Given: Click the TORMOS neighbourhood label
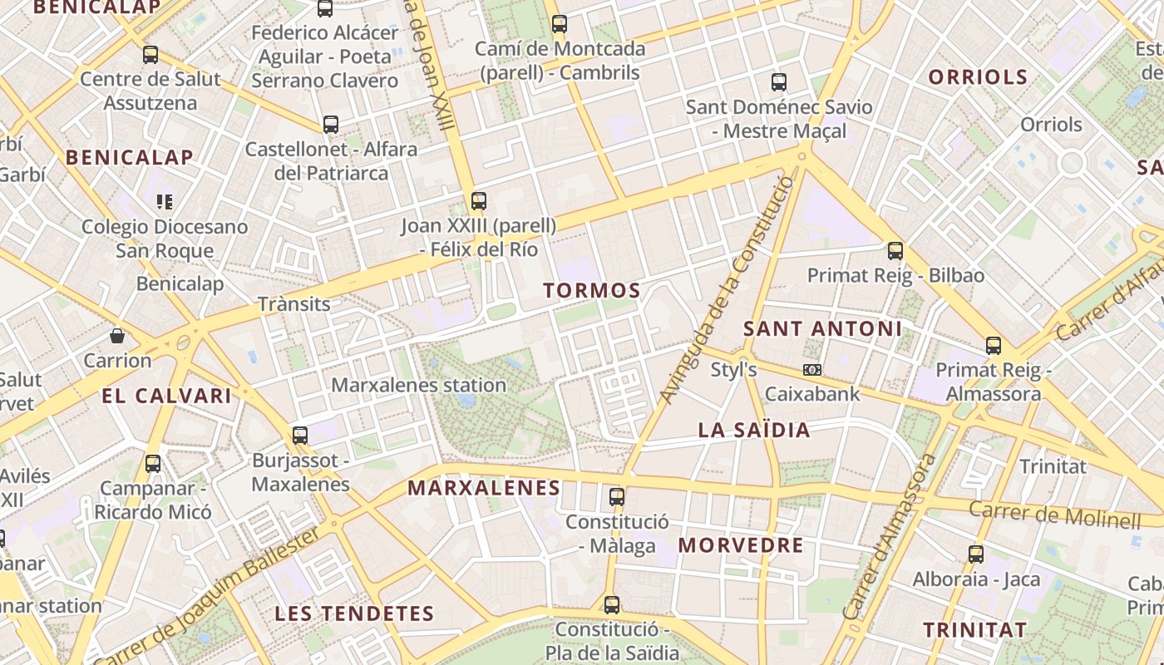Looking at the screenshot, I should point(591,291).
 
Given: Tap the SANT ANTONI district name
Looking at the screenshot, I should point(822,328).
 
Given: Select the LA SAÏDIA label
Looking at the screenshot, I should point(753,430).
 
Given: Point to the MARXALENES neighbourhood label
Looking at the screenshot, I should point(484,488).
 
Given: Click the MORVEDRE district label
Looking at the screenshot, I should point(741,545).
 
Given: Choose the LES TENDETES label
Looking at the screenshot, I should point(354,613).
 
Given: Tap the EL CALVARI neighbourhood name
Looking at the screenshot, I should point(166,396).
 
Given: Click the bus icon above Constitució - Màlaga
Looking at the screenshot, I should point(616,497).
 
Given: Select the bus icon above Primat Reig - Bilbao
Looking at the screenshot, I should point(895,250).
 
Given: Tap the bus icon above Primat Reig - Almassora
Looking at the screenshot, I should point(993,346).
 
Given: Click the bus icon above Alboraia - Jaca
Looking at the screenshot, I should point(976,554).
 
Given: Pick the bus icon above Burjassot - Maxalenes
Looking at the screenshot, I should point(299,435).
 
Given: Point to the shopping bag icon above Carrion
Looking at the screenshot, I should point(117,336).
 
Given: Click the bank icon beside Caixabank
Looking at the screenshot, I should point(811,370).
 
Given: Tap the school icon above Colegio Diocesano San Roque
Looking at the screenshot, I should point(165,201).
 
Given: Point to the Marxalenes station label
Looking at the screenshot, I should point(418,386).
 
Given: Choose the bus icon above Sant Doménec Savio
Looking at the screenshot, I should point(778,82).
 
